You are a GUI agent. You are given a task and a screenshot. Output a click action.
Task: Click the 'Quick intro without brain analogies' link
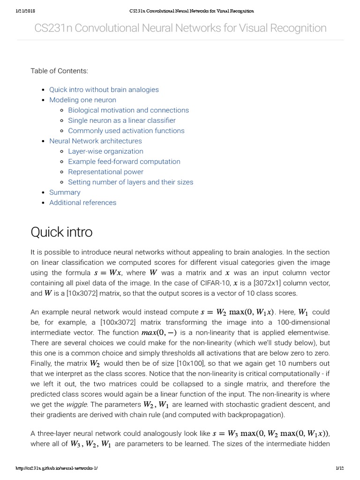[x=104, y=90]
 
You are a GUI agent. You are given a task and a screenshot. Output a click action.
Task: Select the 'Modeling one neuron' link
[x=82, y=100]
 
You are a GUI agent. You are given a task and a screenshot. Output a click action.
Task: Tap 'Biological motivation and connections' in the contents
[x=128, y=110]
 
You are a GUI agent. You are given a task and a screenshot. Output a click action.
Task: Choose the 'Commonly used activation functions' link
[x=126, y=131]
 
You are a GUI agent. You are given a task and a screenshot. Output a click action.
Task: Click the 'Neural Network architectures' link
[x=95, y=141]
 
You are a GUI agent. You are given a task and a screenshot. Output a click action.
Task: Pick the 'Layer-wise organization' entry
[x=105, y=151]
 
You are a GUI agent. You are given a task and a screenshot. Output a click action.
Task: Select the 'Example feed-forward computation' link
[x=124, y=162]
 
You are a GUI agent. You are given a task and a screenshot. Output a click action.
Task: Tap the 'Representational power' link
[x=105, y=172]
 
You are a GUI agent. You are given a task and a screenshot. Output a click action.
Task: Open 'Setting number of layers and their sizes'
[x=130, y=182]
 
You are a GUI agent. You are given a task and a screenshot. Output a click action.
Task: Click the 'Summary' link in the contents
[x=65, y=193]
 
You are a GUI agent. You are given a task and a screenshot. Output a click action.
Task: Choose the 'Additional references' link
[x=82, y=203]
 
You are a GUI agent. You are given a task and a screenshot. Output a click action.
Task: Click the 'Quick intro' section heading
[x=61, y=232]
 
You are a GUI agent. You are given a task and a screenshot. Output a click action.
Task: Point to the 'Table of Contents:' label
[x=59, y=71]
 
